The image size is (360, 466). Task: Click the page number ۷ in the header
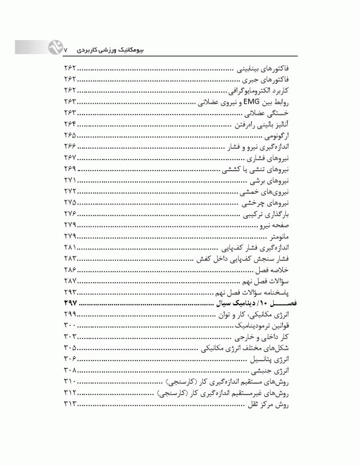tap(67, 47)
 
